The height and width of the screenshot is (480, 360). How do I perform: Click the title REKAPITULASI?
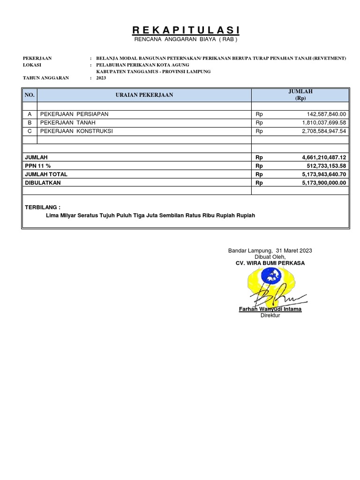point(186,30)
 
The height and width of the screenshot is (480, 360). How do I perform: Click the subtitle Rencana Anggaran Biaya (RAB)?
point(186,40)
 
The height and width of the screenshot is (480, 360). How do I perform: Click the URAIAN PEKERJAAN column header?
point(144,95)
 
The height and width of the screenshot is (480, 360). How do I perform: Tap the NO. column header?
point(30,95)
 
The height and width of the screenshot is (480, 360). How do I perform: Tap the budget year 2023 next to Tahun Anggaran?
point(101,78)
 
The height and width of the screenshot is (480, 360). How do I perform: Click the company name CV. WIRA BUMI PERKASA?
point(270,263)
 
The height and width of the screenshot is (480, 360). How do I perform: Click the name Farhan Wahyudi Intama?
point(270,309)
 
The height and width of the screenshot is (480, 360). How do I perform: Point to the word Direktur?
point(270,315)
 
